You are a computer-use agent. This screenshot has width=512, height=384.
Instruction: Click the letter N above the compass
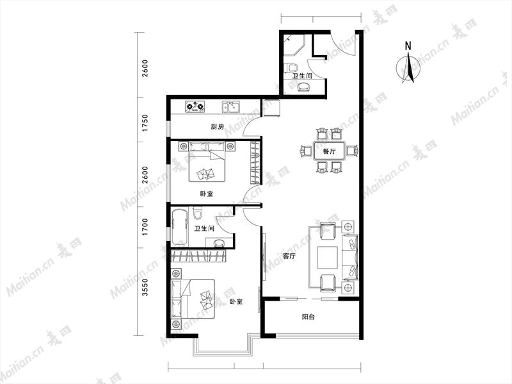pos(408,46)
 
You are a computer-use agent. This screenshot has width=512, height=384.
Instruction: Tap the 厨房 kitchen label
pos(217,127)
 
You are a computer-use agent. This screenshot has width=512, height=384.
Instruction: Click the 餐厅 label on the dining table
pos(329,151)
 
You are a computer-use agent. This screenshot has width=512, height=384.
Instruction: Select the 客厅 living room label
pos(289,256)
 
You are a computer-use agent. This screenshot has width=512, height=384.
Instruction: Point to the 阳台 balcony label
pos(308,317)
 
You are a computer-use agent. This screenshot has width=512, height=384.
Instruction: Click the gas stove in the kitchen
pos(195,106)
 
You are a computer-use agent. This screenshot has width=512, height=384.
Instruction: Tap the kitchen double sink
pos(231,106)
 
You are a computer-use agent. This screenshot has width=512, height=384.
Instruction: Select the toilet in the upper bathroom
pos(292,68)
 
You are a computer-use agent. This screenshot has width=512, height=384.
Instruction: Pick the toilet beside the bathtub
pos(197,213)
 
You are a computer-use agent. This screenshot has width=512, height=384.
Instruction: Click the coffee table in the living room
pos(328,258)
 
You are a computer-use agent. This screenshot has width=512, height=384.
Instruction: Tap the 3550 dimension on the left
pos(145,287)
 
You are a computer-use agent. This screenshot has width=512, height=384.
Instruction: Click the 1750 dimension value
pos(145,123)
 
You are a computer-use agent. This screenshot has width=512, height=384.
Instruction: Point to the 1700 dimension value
pos(145,228)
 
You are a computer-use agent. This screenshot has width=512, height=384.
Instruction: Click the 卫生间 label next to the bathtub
pos(204,229)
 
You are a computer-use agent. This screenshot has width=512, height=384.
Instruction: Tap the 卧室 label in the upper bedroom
pos(206,194)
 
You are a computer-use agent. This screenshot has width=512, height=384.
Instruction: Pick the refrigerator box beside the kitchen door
pos(271,108)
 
